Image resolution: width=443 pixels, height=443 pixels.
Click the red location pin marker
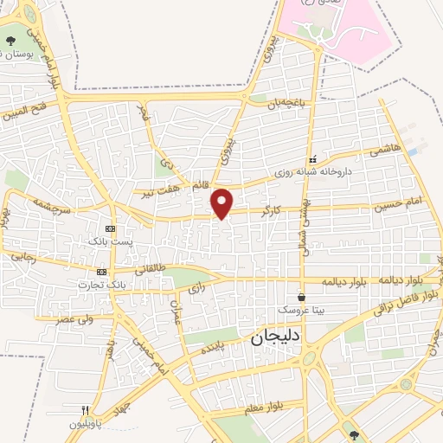pyautogui.click(x=222, y=202)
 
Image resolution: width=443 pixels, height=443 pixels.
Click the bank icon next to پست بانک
pyautogui.click(x=109, y=228)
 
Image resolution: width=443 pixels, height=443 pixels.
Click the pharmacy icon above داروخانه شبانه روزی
pyautogui.click(x=312, y=160)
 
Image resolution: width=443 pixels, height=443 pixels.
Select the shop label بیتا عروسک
pyautogui.click(x=299, y=309)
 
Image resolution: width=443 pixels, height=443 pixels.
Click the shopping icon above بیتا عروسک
pyautogui.click(x=301, y=297)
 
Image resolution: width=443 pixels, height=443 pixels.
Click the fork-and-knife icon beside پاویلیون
pyautogui.click(x=84, y=411)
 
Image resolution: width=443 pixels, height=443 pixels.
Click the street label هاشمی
pyautogui.click(x=383, y=151)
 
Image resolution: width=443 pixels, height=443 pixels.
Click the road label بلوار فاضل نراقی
pyautogui.click(x=406, y=304)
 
